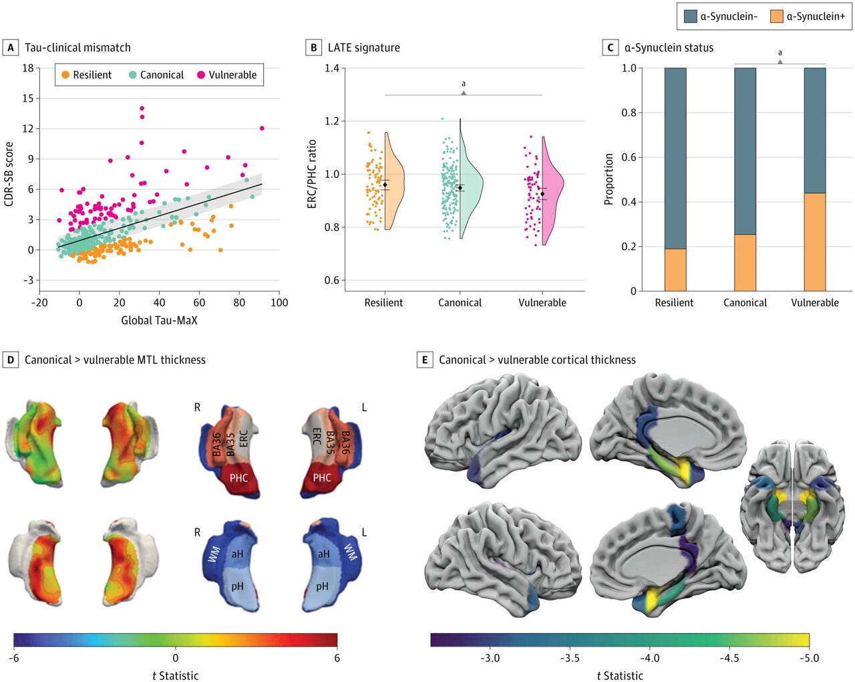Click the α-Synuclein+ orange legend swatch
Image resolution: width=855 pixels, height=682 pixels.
[776, 16]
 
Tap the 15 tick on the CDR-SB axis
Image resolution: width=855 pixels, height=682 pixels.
[27, 98]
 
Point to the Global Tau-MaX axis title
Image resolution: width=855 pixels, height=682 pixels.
[159, 320]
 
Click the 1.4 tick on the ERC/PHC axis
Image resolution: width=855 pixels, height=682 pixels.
[332, 68]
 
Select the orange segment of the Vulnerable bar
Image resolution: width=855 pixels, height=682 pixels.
[814, 242]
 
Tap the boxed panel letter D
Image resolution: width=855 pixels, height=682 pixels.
[11, 360]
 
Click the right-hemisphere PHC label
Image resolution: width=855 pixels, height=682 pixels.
[238, 478]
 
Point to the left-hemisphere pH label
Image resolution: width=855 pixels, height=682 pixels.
[322, 586]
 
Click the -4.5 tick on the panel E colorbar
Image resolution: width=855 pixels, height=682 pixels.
[729, 657]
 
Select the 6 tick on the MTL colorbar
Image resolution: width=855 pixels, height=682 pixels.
[337, 657]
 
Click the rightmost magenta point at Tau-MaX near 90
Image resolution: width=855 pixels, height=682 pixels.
[262, 128]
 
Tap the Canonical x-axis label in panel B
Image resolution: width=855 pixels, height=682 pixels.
[460, 303]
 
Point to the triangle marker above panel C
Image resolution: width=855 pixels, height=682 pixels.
[780, 62]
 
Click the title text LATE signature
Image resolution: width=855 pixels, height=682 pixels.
[363, 48]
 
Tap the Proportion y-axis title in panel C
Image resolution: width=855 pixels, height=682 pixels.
[609, 179]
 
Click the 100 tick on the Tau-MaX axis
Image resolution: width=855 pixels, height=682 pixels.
[279, 303]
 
